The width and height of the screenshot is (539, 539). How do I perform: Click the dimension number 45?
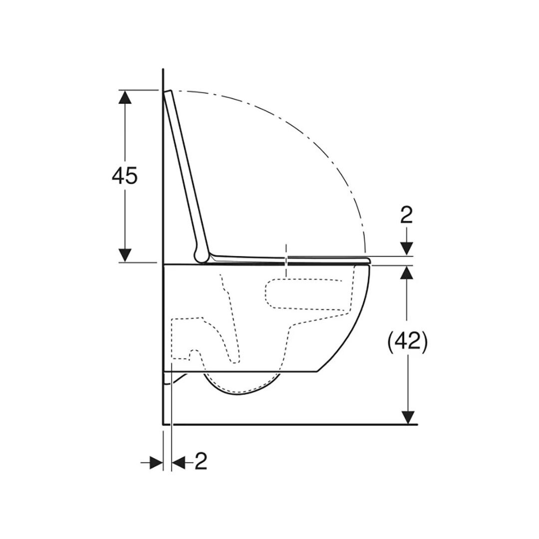(x=124, y=175)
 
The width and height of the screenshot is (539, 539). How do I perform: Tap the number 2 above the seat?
(x=407, y=216)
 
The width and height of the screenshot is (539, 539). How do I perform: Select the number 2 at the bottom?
(x=201, y=461)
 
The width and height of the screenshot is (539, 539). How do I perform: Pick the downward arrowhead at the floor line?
(x=408, y=417)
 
